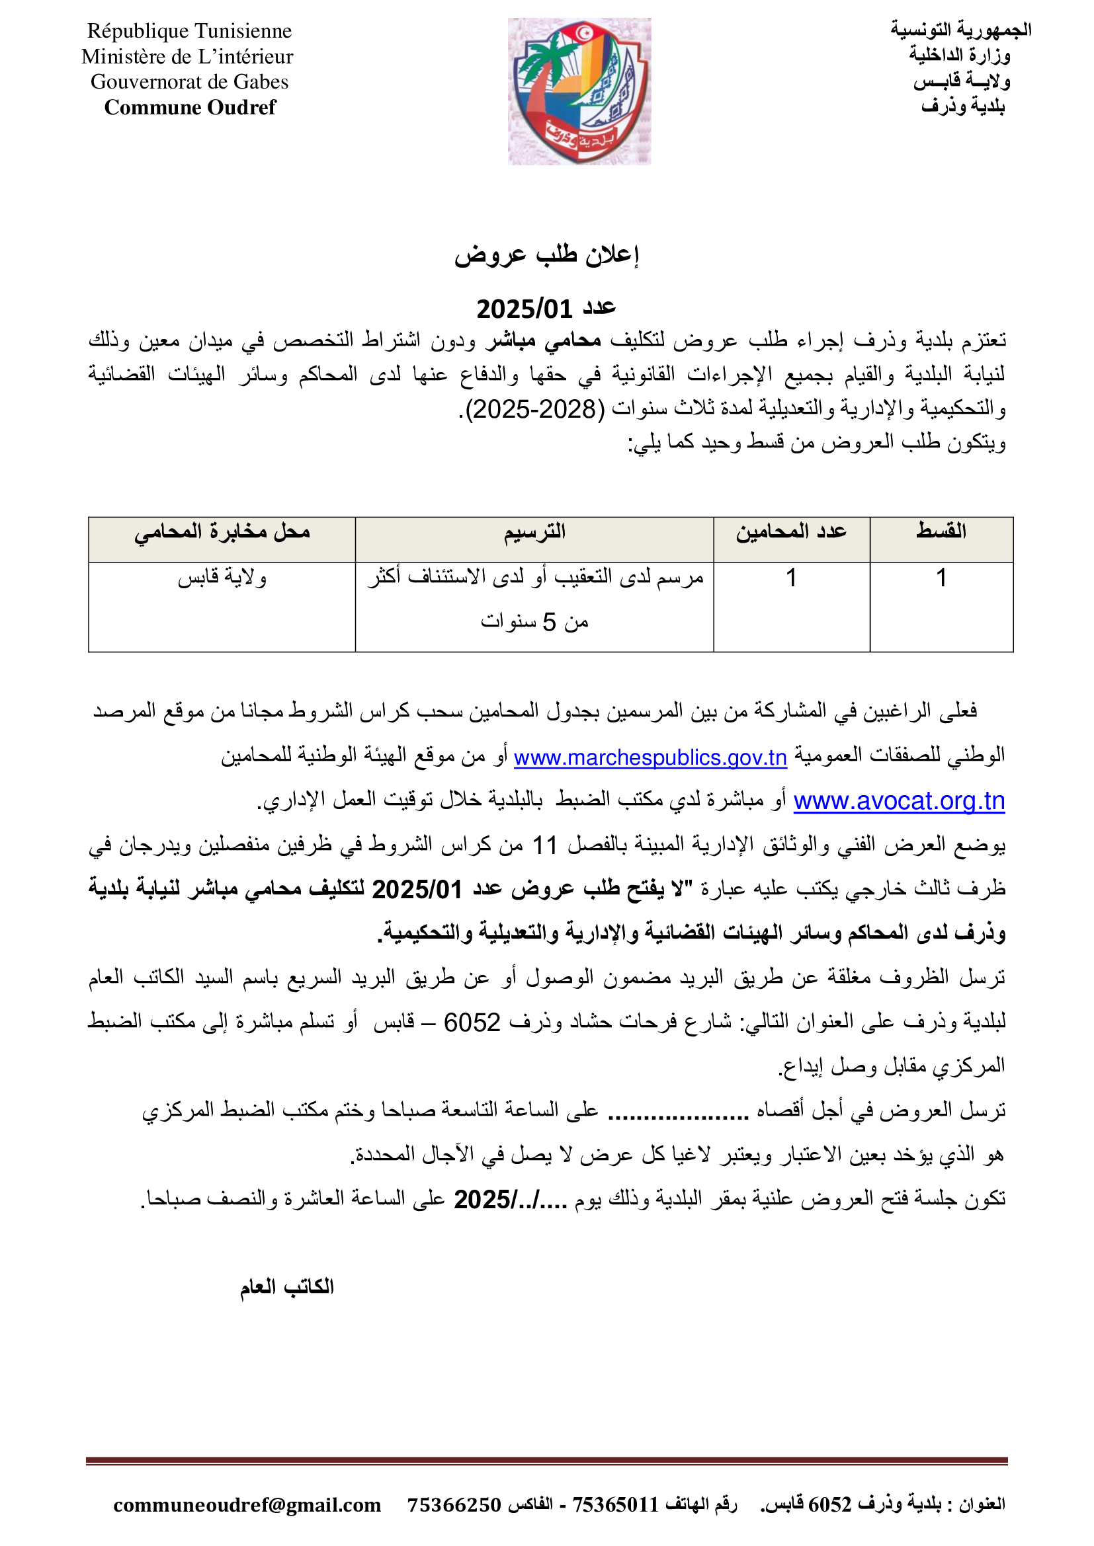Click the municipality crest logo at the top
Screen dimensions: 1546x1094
coord(579,91)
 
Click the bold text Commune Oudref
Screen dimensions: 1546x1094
coord(190,108)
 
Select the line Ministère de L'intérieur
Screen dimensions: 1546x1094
coord(187,57)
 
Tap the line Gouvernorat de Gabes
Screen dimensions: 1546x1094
coord(189,82)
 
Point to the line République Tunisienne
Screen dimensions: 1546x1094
coord(189,31)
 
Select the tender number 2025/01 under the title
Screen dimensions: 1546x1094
coord(524,309)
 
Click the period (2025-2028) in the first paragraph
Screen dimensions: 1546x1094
coord(535,408)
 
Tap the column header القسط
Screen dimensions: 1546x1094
coord(941,531)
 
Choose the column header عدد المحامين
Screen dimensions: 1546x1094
coord(791,532)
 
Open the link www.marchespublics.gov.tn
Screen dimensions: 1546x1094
coord(650,758)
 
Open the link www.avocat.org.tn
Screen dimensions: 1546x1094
coord(899,801)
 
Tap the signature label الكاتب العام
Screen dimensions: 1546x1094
coord(287,1287)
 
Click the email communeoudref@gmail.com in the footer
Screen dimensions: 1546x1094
coord(247,1505)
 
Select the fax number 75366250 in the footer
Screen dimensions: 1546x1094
coord(454,1505)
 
